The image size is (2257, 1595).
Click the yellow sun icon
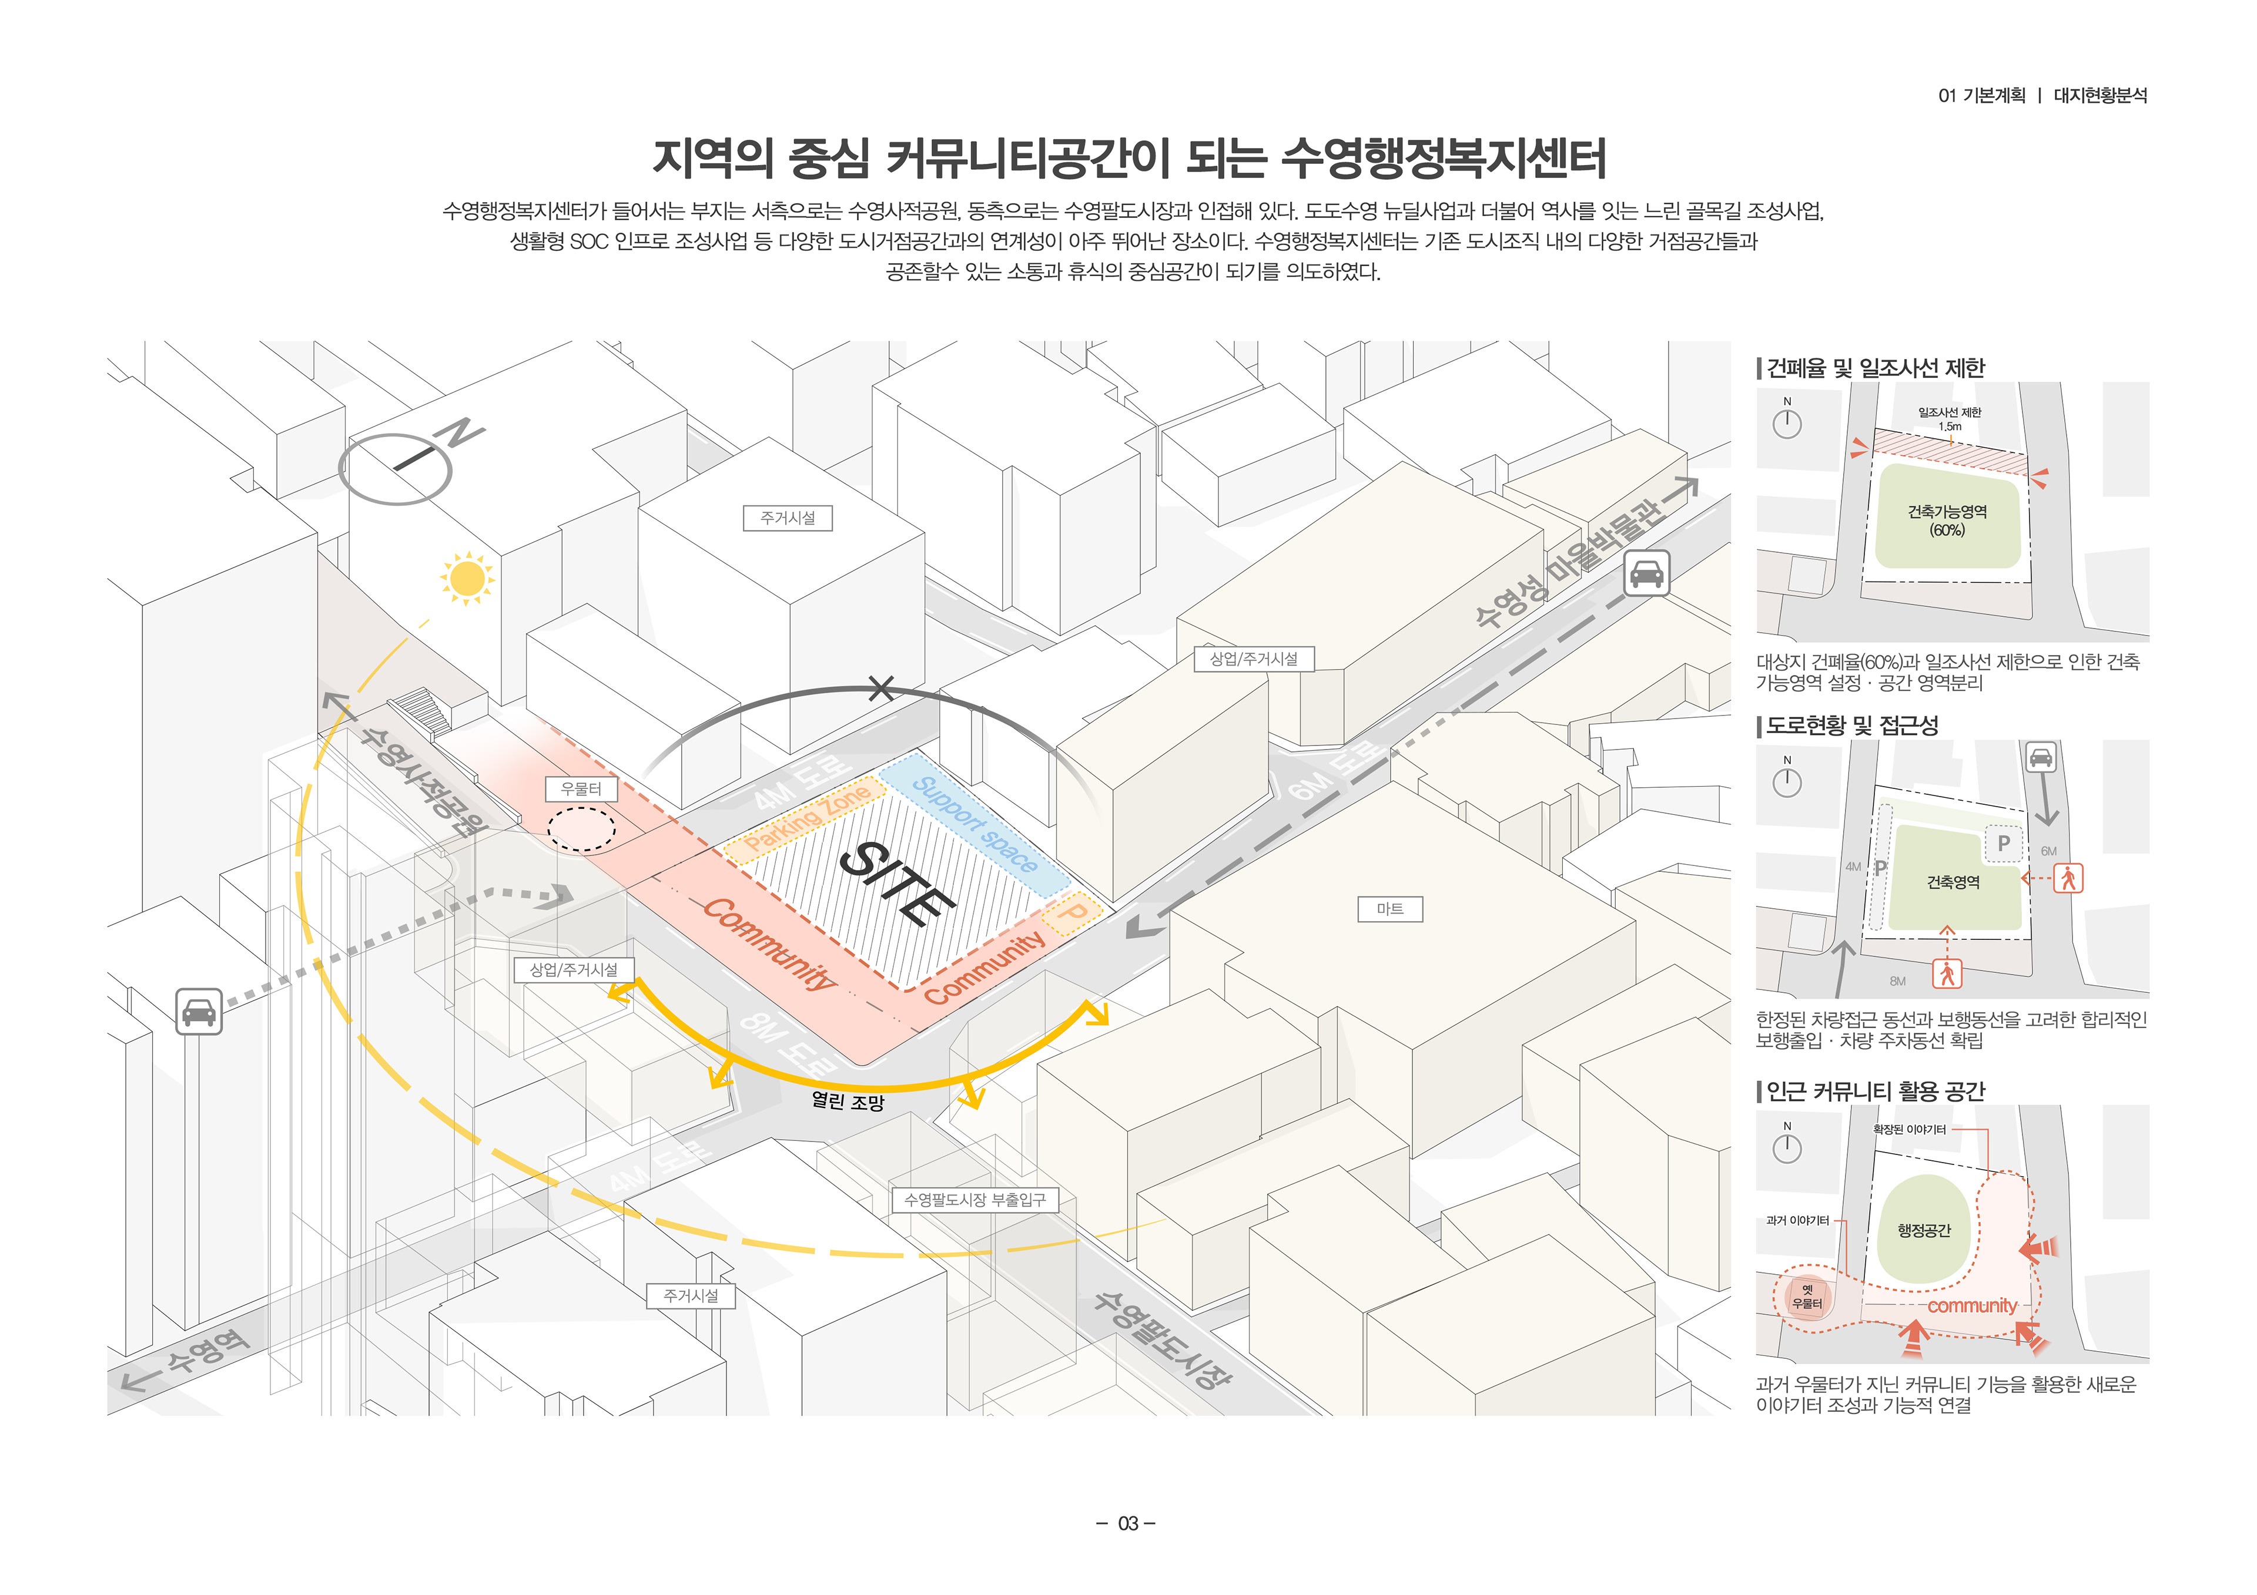pyautogui.click(x=467, y=578)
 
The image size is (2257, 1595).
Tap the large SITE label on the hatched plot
pyautogui.click(x=896, y=884)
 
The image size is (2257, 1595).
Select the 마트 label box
pyautogui.click(x=1389, y=909)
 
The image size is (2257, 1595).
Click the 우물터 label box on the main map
pyautogui.click(x=580, y=788)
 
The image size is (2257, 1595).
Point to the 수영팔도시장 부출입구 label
pyautogui.click(x=974, y=1200)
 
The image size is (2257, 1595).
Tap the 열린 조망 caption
pyautogui.click(x=848, y=1102)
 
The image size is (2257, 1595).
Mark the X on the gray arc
pyautogui.click(x=881, y=689)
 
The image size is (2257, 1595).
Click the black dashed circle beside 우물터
pyautogui.click(x=581, y=828)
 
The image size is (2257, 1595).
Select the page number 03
pyautogui.click(x=1127, y=1523)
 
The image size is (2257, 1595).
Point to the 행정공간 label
pyautogui.click(x=1924, y=1230)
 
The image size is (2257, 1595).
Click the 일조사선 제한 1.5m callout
pyautogui.click(x=1950, y=419)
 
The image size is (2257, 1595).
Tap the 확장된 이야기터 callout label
pyautogui.click(x=1909, y=1129)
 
